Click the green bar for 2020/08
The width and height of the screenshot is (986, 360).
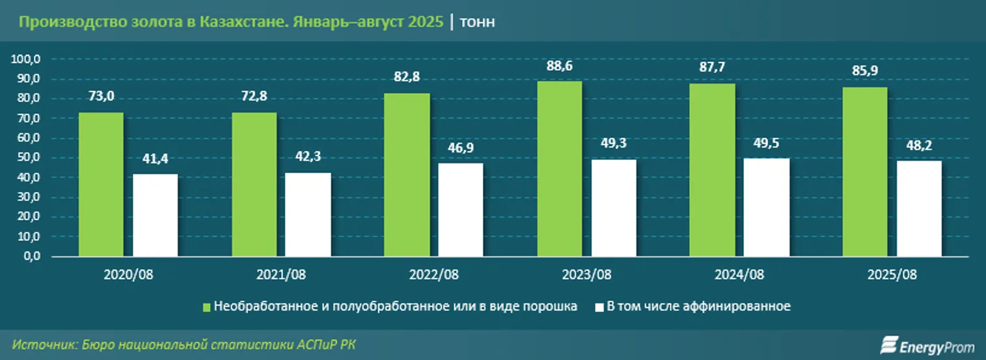click(x=101, y=184)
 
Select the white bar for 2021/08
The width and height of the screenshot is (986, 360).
click(x=308, y=214)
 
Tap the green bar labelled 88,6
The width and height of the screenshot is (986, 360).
click(x=560, y=169)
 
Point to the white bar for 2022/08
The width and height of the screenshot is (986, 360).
click(x=461, y=210)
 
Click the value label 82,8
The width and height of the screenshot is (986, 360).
click(x=407, y=77)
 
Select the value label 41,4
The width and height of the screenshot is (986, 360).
click(x=155, y=158)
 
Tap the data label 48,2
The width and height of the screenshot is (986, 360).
click(x=919, y=145)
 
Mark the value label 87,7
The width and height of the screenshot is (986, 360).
click(x=713, y=68)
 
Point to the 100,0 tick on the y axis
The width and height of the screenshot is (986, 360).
click(x=26, y=59)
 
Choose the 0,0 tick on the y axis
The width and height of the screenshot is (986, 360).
click(x=30, y=256)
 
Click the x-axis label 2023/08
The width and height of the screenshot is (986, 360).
click(x=587, y=275)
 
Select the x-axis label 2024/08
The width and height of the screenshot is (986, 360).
click(x=739, y=275)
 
